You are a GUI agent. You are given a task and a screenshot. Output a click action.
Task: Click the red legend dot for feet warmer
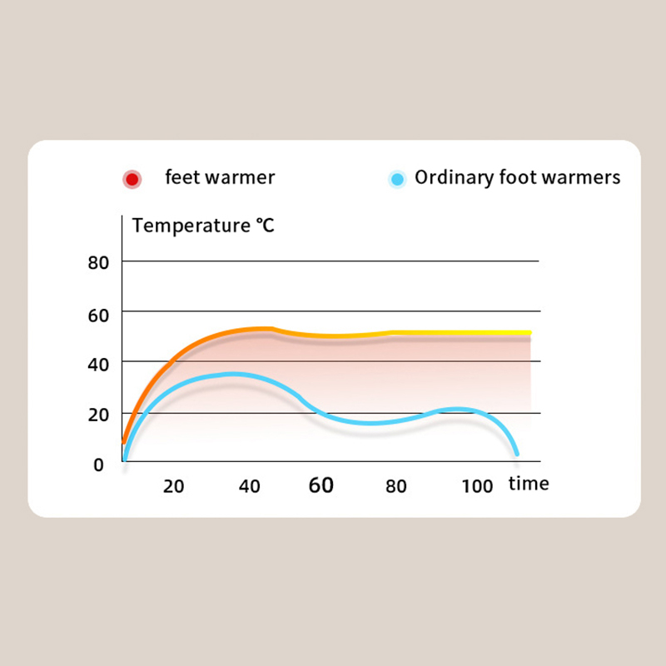pyautogui.click(x=132, y=179)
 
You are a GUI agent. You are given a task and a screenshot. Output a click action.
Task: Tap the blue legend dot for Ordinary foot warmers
pyautogui.click(x=398, y=179)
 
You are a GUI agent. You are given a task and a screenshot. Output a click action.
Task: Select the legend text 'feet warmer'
pyautogui.click(x=220, y=177)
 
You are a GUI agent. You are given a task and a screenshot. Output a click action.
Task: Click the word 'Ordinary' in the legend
pyautogui.click(x=450, y=178)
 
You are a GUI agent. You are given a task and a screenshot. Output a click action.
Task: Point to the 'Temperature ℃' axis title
pyautogui.click(x=203, y=225)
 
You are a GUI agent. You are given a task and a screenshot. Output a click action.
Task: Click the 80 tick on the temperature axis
pyautogui.click(x=99, y=262)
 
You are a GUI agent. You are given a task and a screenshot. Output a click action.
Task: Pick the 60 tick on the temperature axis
pyautogui.click(x=99, y=315)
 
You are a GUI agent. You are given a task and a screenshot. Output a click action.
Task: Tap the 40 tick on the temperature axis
pyautogui.click(x=99, y=363)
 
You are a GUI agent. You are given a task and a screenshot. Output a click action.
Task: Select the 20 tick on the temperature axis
pyautogui.click(x=99, y=415)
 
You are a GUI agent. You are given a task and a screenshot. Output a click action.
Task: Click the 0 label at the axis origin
pyautogui.click(x=98, y=465)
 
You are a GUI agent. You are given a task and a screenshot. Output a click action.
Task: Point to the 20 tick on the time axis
pyautogui.click(x=173, y=486)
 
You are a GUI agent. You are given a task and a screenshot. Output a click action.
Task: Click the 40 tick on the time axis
pyautogui.click(x=250, y=486)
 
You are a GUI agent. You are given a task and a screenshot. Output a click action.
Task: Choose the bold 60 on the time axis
pyautogui.click(x=321, y=485)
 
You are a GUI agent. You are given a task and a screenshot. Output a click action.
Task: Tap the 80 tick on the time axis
pyautogui.click(x=396, y=486)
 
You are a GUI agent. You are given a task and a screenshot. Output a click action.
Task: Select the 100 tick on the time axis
pyautogui.click(x=477, y=486)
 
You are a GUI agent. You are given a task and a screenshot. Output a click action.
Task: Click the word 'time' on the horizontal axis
pyautogui.click(x=529, y=484)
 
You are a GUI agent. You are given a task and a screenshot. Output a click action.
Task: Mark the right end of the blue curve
pyautogui.click(x=517, y=452)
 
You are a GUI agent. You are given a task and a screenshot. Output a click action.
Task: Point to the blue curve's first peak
pyautogui.click(x=231, y=375)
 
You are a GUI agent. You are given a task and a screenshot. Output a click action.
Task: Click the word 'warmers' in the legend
pyautogui.click(x=588, y=178)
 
